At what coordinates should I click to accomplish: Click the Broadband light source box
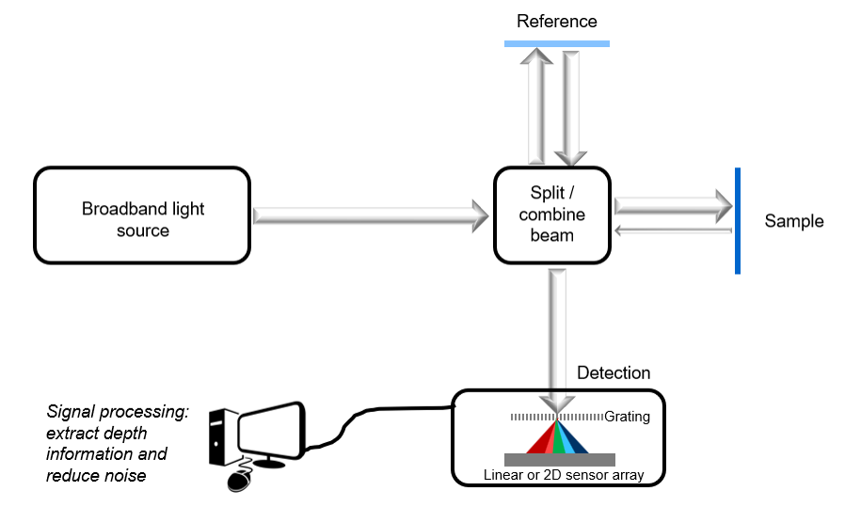[142, 214]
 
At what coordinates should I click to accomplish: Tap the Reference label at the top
[556, 21]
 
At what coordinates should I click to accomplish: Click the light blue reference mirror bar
[556, 43]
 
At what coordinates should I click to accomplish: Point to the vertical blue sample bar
[738, 220]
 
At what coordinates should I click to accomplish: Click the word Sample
[793, 222]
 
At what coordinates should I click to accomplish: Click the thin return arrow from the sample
[672, 230]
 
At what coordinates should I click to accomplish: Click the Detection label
[613, 373]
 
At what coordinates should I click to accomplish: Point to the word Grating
[627, 417]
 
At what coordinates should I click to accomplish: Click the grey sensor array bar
[560, 459]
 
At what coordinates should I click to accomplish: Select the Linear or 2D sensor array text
[563, 475]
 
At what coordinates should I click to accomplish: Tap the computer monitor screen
[271, 431]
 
